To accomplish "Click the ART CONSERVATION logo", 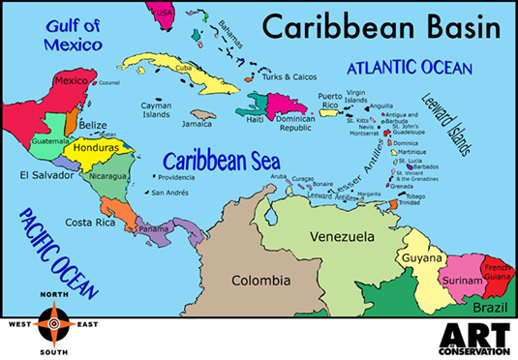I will pyautogui.click(x=473, y=339).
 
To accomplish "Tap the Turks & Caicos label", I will pyautogui.click(x=290, y=75).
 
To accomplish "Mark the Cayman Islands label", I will pyautogui.click(x=155, y=108).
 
